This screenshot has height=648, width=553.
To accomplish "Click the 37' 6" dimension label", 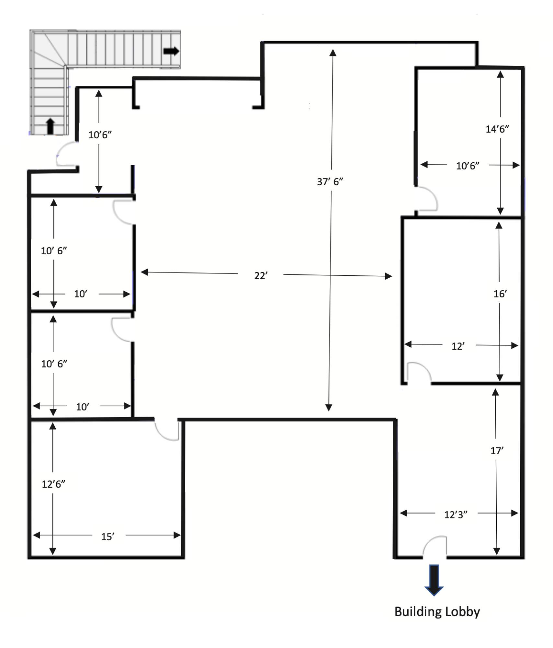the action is (330, 181).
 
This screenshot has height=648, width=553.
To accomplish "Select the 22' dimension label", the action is (261, 276).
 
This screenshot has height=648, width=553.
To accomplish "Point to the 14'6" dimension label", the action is (497, 129).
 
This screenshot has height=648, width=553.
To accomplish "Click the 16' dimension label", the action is (500, 294).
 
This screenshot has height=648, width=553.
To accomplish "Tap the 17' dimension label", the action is (497, 451).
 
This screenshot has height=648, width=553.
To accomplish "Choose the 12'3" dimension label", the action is (456, 515).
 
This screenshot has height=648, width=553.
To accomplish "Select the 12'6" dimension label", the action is (53, 484).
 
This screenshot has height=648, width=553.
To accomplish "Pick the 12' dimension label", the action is (458, 346).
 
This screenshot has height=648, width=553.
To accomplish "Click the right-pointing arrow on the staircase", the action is (171, 51).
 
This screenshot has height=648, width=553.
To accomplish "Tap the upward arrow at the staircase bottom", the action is (50, 126).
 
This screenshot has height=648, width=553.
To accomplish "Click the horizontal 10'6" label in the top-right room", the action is (468, 166).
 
